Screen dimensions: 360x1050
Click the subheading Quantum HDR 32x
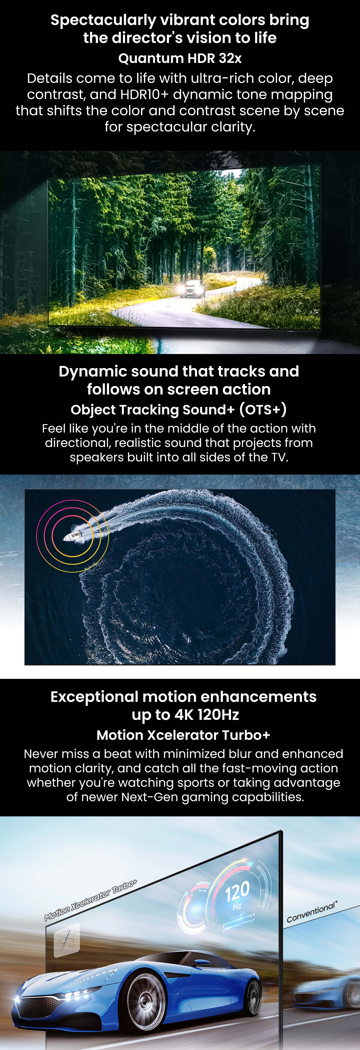[x=180, y=58]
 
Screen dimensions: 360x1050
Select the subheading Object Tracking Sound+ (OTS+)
[x=179, y=410]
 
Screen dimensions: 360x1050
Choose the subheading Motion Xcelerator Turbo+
[x=183, y=735]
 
